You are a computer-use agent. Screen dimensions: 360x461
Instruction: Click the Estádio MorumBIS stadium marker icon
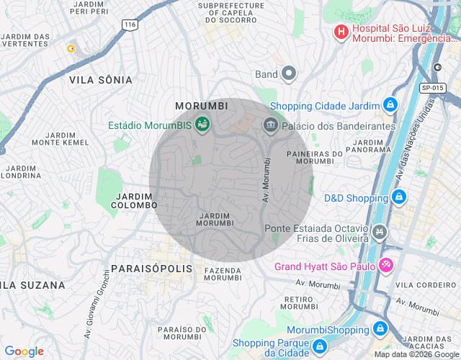coord(202,125)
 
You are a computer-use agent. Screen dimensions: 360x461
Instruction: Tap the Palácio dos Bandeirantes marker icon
coord(271,125)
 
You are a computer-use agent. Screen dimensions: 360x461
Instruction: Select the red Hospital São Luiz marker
coord(341,32)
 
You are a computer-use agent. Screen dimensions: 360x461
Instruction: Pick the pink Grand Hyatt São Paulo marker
coord(386,266)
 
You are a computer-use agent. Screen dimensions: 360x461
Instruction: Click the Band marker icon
coord(289,73)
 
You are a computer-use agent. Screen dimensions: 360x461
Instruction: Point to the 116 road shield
coord(130,24)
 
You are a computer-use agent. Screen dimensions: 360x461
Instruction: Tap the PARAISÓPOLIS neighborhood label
coord(152,268)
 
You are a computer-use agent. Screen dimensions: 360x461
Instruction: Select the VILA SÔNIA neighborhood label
coord(100,79)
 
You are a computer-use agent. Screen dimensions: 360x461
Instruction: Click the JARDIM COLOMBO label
coord(133,201)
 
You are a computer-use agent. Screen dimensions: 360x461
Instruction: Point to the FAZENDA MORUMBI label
coord(223,274)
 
